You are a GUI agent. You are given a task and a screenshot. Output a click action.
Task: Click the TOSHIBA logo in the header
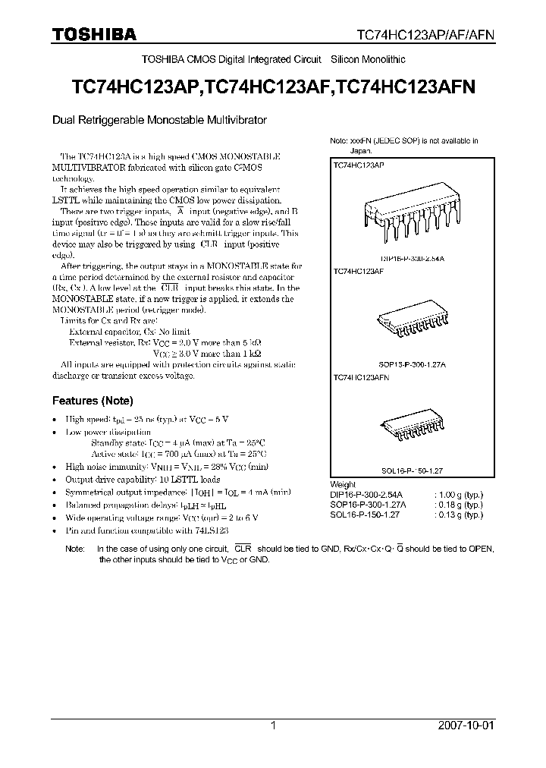coord(94,34)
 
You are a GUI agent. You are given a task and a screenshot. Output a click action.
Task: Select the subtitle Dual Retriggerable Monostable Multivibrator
coord(159,120)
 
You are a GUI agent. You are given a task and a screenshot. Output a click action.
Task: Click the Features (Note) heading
coord(92,401)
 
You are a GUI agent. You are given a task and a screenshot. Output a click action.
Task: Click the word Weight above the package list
coord(343,484)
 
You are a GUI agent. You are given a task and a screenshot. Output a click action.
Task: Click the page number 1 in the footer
coord(273,726)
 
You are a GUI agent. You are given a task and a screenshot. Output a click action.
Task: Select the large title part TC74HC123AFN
coord(406,87)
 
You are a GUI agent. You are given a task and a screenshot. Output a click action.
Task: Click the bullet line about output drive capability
coord(143,480)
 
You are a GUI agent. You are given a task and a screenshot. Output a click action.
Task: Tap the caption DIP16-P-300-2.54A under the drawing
coord(410,258)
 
